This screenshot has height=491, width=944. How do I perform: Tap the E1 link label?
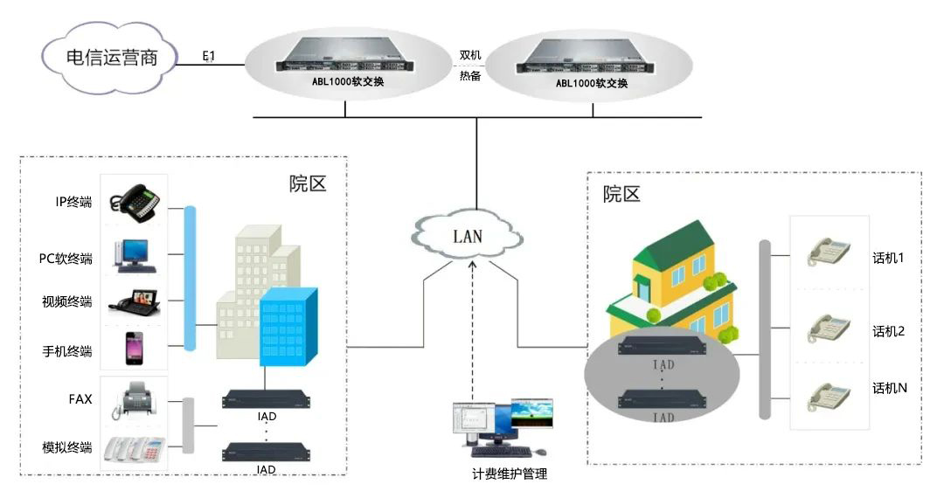(x=209, y=56)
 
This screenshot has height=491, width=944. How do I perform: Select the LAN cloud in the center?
(x=468, y=235)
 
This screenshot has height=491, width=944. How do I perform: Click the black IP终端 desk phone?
(x=135, y=202)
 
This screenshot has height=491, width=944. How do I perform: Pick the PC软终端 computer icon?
(x=135, y=253)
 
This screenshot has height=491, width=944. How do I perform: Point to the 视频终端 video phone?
(x=135, y=301)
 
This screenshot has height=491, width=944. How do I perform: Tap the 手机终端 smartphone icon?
(x=133, y=348)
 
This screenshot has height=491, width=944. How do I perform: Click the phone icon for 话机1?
(x=829, y=252)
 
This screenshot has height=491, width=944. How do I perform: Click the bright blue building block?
(x=288, y=326)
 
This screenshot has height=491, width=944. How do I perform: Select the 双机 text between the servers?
(x=470, y=55)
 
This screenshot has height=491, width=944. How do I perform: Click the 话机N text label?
(x=890, y=388)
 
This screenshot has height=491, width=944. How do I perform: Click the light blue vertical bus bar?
(x=190, y=277)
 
